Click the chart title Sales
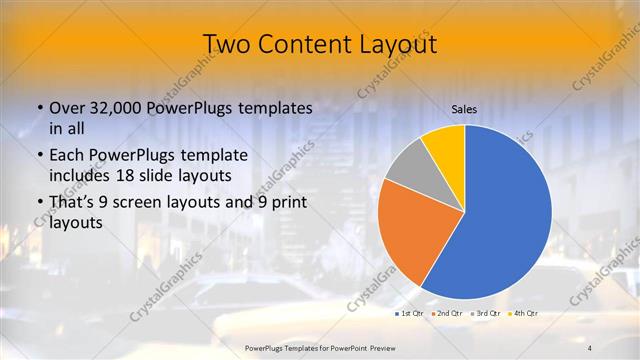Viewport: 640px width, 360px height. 463,110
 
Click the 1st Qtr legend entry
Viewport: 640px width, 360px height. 410,313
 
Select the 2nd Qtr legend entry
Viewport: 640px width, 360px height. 448,313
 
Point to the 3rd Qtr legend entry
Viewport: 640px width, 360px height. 487,313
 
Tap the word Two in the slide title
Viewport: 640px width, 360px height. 226,44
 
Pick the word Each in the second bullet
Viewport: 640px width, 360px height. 67,156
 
